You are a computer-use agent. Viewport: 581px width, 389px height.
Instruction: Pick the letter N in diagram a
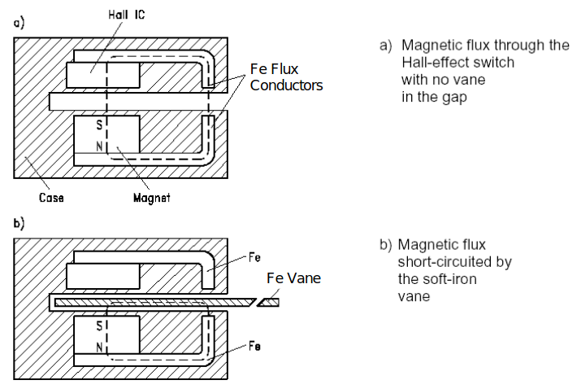point(99,146)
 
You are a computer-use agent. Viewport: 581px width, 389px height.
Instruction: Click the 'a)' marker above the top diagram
point(18,24)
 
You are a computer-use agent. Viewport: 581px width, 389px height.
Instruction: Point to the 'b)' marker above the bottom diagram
point(18,221)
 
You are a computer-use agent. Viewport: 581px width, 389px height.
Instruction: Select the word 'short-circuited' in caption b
point(444,262)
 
